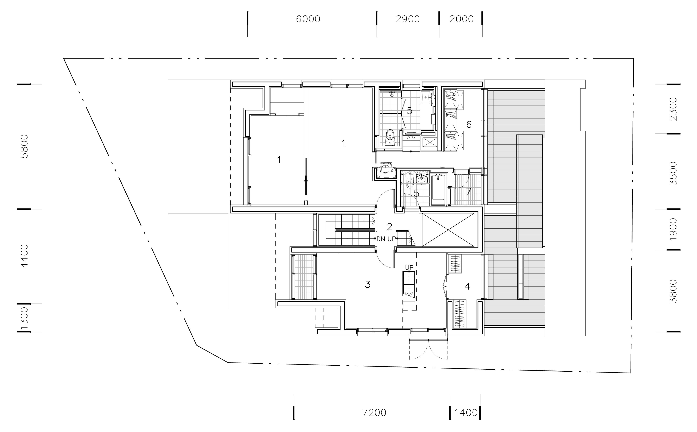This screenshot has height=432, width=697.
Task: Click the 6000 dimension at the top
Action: [308, 19]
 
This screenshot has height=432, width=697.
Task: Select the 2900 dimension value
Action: [408, 19]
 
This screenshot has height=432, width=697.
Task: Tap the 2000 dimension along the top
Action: [462, 19]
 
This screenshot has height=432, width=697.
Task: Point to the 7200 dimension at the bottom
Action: [374, 413]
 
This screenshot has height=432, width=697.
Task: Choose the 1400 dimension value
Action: [466, 413]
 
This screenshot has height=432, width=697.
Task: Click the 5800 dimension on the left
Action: [25, 146]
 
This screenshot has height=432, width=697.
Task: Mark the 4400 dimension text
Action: [25, 256]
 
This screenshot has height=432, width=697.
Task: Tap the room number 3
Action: [368, 285]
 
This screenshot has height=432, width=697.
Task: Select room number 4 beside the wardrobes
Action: [468, 286]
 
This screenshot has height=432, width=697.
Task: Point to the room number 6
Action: [469, 125]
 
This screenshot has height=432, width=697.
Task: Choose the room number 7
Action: [468, 191]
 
